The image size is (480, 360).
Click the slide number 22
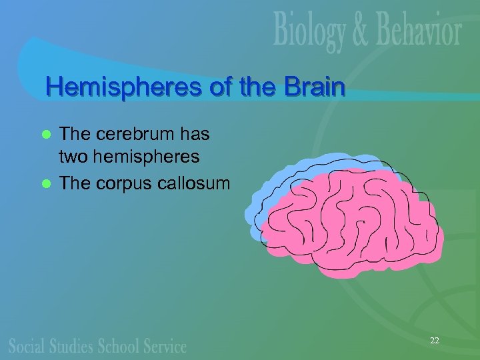tap(434, 341)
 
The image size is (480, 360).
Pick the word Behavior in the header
tap(413, 31)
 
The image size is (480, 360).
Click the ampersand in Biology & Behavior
tap(354, 32)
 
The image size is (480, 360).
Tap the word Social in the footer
tap(27, 345)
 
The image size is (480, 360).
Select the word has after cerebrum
tap(193, 134)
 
